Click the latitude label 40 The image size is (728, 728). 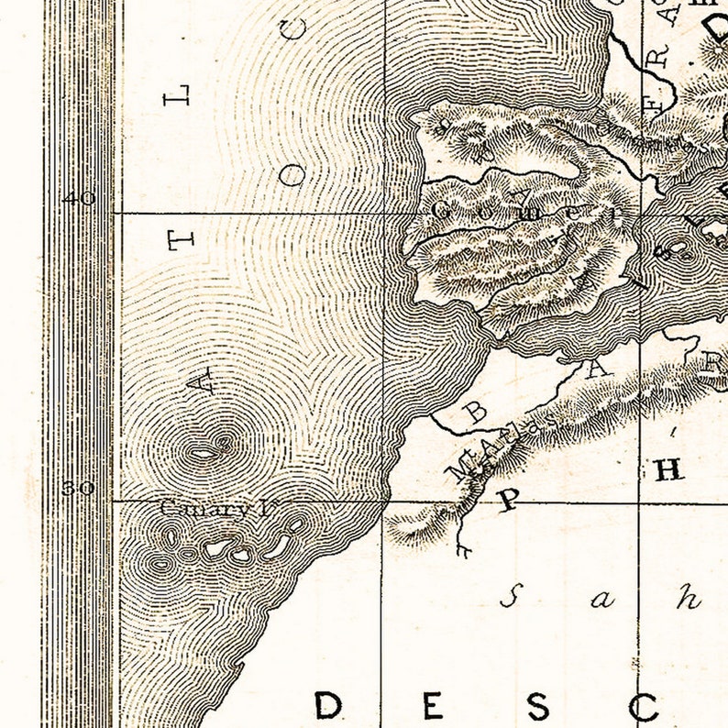tap(79, 198)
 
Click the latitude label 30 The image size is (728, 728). tap(79, 488)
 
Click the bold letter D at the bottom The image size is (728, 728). tap(327, 706)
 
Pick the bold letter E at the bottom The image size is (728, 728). tap(432, 706)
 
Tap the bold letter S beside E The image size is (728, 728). tap(538, 706)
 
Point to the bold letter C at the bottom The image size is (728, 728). tap(645, 706)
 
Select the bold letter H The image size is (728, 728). tap(667, 470)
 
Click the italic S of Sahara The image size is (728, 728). tap(511, 599)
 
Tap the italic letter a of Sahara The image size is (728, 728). tap(601, 601)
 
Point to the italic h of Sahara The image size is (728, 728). tap(689, 598)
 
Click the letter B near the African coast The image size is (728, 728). tap(477, 411)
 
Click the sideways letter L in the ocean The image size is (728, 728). tap(178, 94)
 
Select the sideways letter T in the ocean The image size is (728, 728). tap(180, 240)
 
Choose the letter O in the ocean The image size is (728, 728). tap(292, 175)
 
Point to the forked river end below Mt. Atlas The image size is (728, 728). tap(462, 550)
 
